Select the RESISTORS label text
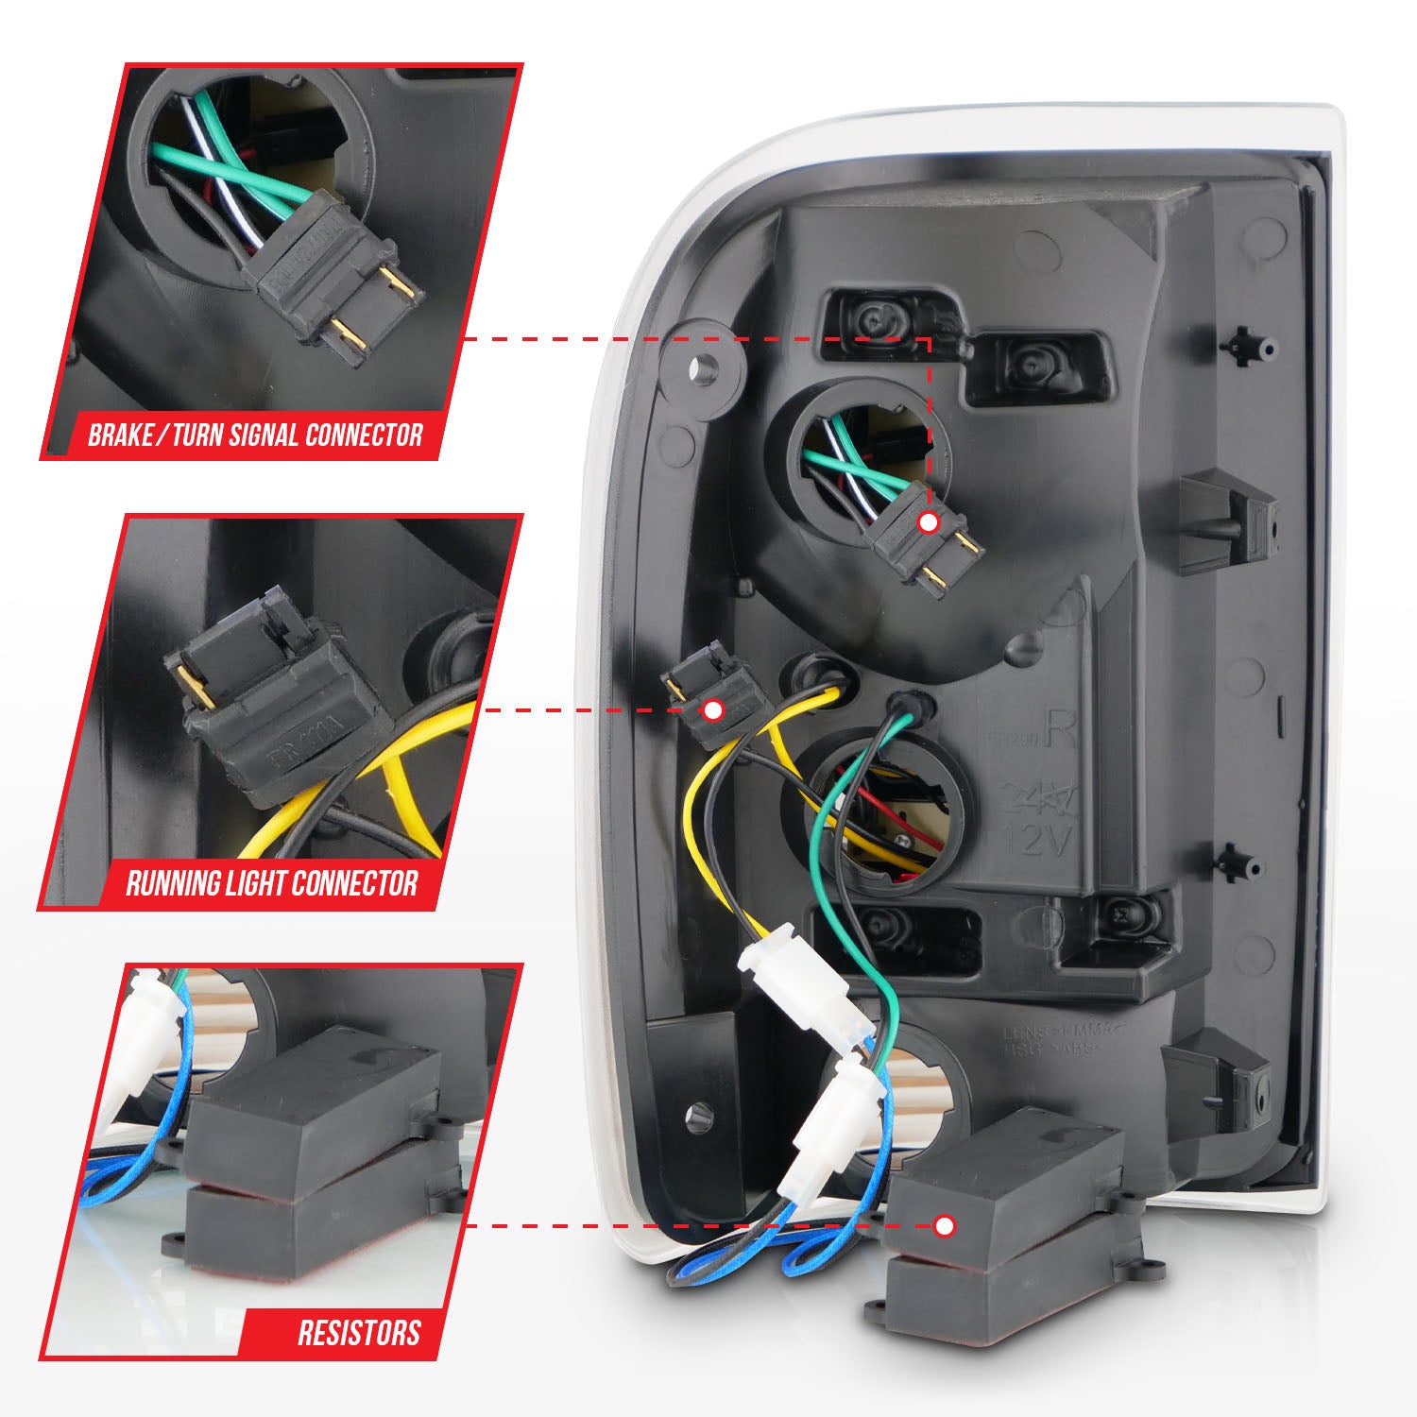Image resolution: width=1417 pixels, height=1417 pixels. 359,1333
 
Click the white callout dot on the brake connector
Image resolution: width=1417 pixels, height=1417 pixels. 930,521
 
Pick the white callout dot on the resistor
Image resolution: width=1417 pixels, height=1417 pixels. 944,1226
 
